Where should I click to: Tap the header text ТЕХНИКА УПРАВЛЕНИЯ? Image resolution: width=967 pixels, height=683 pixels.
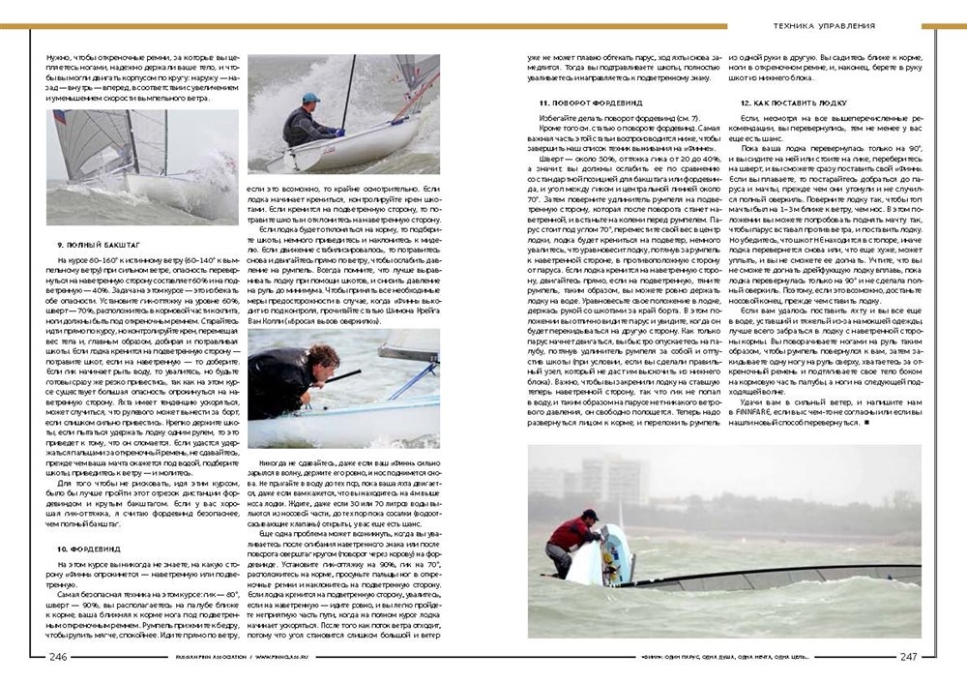[x=825, y=25]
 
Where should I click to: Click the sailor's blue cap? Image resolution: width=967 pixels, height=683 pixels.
[x=309, y=98]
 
